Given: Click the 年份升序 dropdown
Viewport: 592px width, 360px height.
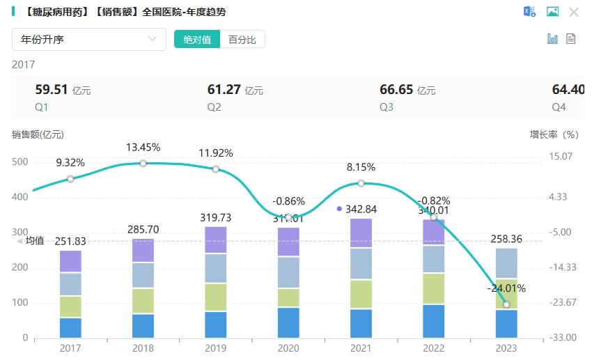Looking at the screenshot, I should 89,39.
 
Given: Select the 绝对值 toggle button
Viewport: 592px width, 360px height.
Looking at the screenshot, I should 197,39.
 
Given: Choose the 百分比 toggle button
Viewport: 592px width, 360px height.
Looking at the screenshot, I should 242,39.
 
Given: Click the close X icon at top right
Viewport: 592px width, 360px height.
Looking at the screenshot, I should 574,12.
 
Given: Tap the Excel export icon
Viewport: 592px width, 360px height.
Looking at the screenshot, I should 529,12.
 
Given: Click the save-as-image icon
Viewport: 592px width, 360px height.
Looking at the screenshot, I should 552,12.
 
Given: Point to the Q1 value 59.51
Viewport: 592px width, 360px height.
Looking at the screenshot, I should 52,90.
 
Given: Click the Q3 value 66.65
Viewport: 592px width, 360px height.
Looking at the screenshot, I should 396,90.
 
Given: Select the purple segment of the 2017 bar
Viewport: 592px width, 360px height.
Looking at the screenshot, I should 70,261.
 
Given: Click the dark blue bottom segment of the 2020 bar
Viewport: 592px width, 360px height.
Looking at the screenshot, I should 288,322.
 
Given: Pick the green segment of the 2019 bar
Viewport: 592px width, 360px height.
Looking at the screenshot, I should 216,297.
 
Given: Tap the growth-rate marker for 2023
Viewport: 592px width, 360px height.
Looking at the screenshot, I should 506,304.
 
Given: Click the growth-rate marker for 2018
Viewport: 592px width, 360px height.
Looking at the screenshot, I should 143,164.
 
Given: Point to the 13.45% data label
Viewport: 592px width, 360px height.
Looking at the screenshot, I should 143,148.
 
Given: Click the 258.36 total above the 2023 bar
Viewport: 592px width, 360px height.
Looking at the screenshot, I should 506,238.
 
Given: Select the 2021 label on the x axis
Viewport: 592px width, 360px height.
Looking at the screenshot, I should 361,347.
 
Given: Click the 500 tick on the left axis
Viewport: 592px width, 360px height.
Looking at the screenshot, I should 20,162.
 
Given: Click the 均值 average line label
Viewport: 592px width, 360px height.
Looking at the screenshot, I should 34,241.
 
